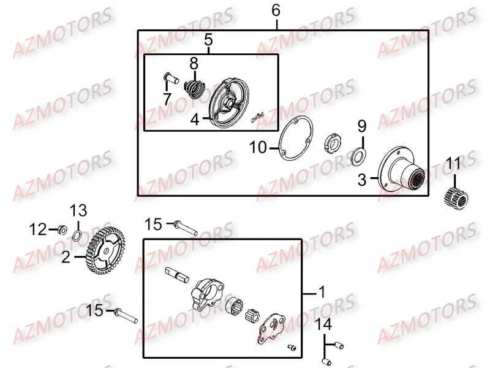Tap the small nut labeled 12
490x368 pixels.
61,230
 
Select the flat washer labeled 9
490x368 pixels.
358,156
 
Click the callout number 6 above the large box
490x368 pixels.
276,10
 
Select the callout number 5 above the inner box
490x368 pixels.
208,41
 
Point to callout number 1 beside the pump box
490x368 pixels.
321,294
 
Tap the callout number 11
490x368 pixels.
452,164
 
